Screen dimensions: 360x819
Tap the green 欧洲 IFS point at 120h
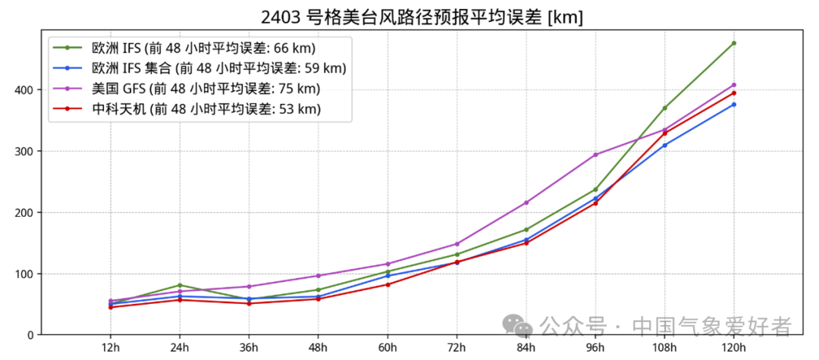(x=734, y=43)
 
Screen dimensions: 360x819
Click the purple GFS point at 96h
(x=595, y=155)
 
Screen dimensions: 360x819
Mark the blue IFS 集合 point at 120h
(x=734, y=104)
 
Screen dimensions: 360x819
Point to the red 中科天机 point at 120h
(x=734, y=92)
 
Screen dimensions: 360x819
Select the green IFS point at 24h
(x=180, y=285)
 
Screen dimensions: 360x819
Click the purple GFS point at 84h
(x=526, y=202)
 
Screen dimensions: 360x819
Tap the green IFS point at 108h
(x=665, y=108)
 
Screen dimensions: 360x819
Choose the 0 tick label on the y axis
(x=30, y=335)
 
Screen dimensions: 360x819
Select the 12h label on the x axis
(x=110, y=347)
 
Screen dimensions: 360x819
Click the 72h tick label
(x=457, y=347)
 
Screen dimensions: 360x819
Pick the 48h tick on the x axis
(x=318, y=347)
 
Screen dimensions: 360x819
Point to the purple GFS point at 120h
(x=734, y=85)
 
